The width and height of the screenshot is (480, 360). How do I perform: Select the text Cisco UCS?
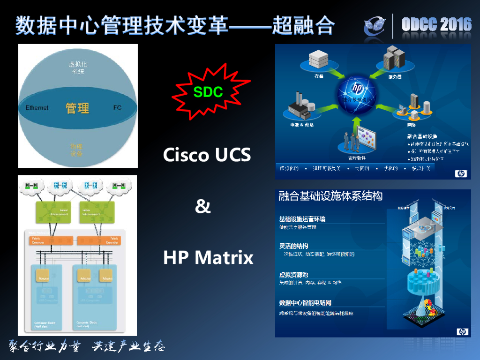tap(207, 154)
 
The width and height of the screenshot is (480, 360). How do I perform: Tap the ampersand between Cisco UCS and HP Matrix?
tap(203, 206)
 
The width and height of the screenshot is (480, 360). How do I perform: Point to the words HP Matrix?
tap(208, 257)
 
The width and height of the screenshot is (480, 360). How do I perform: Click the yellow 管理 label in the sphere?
tap(77, 108)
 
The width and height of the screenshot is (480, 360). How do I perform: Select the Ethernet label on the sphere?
tap(37, 108)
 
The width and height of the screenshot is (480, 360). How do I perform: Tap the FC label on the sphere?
tap(117, 108)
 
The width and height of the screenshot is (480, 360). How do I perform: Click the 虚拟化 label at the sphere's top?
tap(77, 64)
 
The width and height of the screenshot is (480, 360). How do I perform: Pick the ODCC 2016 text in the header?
tap(436, 25)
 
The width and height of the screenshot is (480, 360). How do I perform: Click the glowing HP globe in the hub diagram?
tap(358, 90)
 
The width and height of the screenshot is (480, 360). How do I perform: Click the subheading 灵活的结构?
tap(293, 246)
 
